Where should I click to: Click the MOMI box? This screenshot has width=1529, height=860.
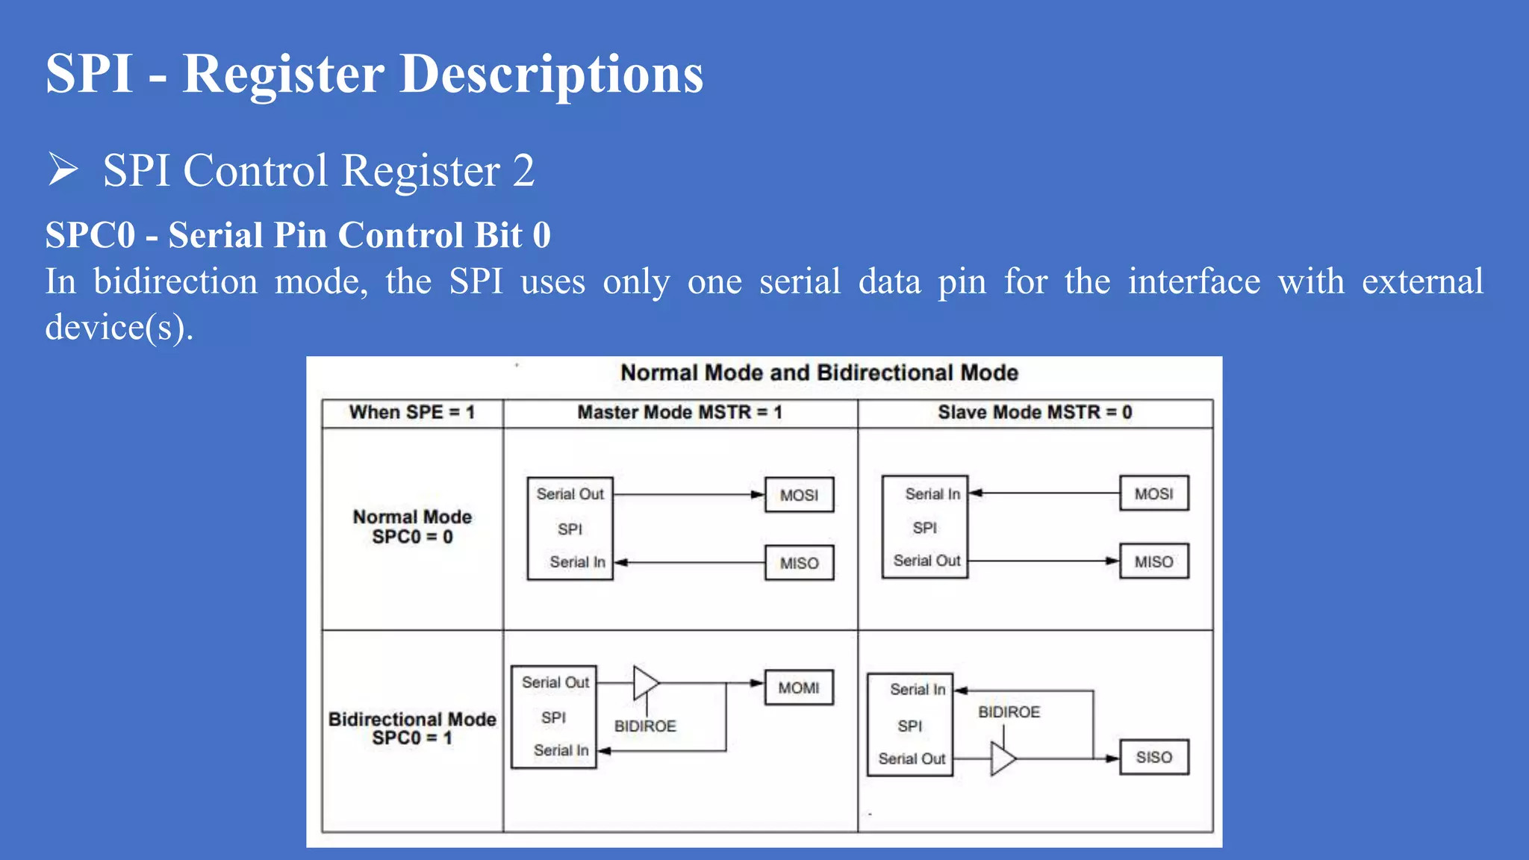(x=799, y=688)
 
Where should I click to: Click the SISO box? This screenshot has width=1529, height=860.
(x=1153, y=757)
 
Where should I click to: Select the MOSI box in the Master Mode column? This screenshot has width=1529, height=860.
(x=799, y=495)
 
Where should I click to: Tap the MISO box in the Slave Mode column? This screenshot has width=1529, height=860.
(x=1153, y=561)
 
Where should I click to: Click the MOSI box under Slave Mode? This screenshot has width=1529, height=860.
(x=1153, y=493)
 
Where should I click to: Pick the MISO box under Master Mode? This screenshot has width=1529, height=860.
(x=799, y=563)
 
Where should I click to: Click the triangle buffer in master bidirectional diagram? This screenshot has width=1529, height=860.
(x=645, y=682)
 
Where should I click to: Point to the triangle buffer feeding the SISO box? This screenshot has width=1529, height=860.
(x=1003, y=758)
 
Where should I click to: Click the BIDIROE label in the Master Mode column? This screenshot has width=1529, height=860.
(x=645, y=726)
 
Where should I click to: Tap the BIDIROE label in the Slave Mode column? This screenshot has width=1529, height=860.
(x=1009, y=712)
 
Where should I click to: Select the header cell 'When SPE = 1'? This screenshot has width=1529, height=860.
(x=412, y=412)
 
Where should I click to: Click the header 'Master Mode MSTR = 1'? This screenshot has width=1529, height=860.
(x=679, y=412)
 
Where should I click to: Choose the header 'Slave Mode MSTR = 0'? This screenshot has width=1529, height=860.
(x=1035, y=412)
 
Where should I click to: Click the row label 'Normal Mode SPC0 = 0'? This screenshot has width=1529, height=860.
(x=412, y=527)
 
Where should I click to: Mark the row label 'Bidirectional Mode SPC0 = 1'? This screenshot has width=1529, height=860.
(x=412, y=728)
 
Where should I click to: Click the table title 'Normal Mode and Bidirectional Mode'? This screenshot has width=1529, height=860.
(x=819, y=373)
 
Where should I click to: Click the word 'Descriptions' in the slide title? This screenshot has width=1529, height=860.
(x=551, y=75)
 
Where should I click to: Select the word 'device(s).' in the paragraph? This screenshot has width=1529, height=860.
(x=119, y=327)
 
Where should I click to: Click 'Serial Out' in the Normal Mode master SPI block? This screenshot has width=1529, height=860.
(x=570, y=494)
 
